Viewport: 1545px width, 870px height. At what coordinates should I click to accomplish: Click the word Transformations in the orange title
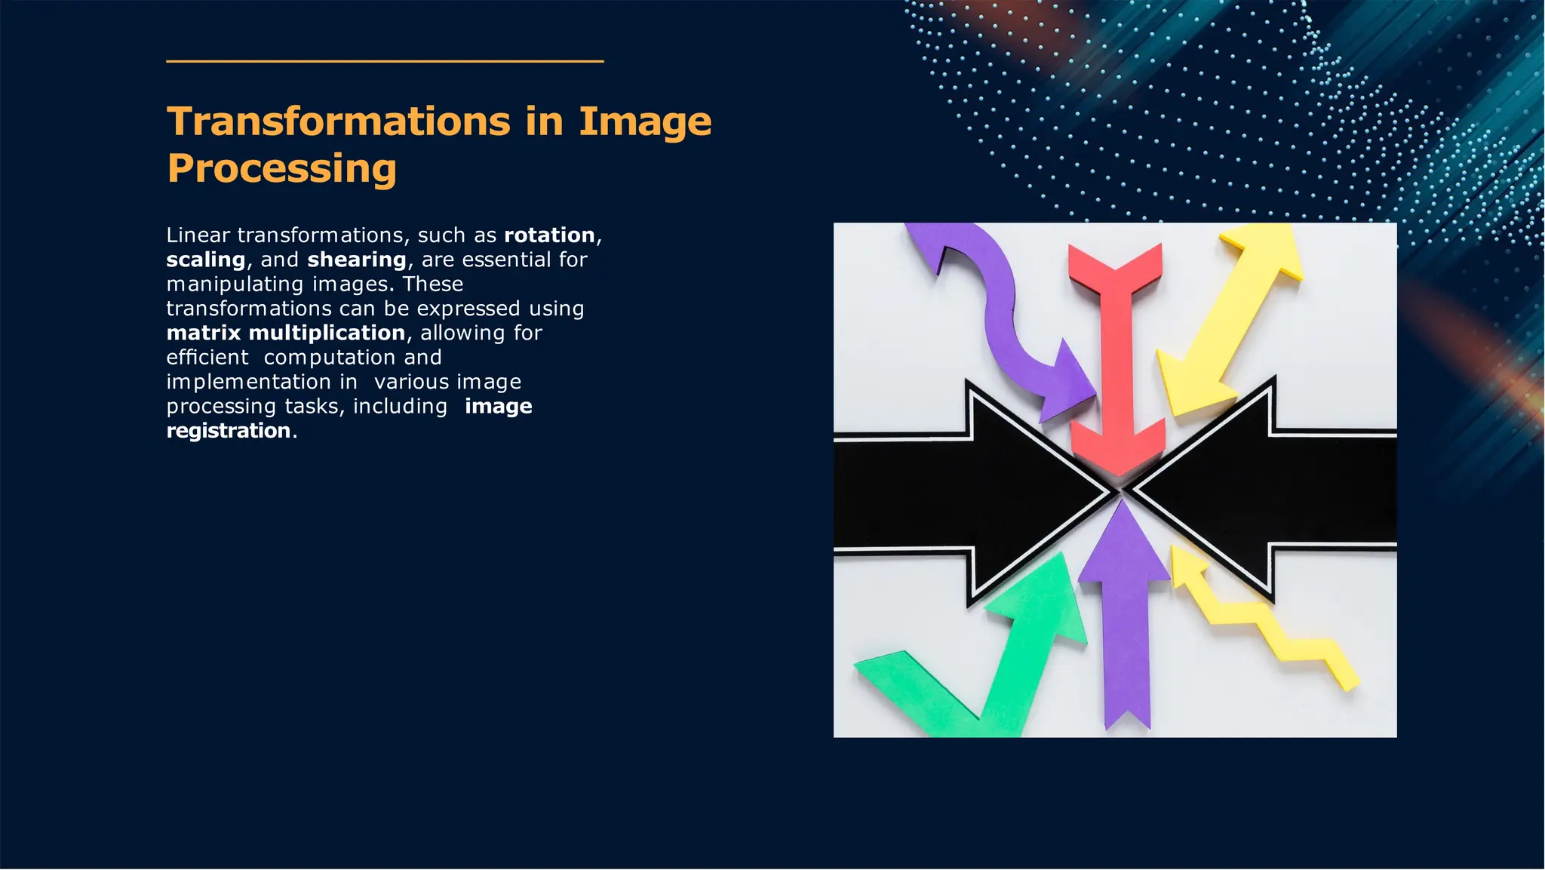(339, 121)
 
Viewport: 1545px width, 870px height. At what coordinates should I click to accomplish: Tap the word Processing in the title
(281, 168)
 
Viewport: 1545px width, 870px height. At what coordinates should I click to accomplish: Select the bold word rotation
(549, 235)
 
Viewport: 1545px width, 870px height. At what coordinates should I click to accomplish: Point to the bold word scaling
(206, 260)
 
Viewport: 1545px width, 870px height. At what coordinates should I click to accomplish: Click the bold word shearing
(357, 260)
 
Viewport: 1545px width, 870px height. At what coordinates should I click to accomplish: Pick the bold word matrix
(204, 333)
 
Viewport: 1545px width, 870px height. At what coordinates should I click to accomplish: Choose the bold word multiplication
(327, 333)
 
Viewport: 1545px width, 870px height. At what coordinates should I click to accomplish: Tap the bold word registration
(229, 431)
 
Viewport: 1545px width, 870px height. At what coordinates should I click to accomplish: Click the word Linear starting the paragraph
(198, 235)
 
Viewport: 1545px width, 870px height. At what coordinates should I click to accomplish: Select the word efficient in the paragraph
(207, 358)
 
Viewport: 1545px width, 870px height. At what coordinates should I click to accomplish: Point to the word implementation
(248, 382)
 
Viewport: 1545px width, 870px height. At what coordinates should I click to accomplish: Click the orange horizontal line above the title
(385, 62)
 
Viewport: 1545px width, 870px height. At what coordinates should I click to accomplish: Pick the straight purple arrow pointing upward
(1125, 611)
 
